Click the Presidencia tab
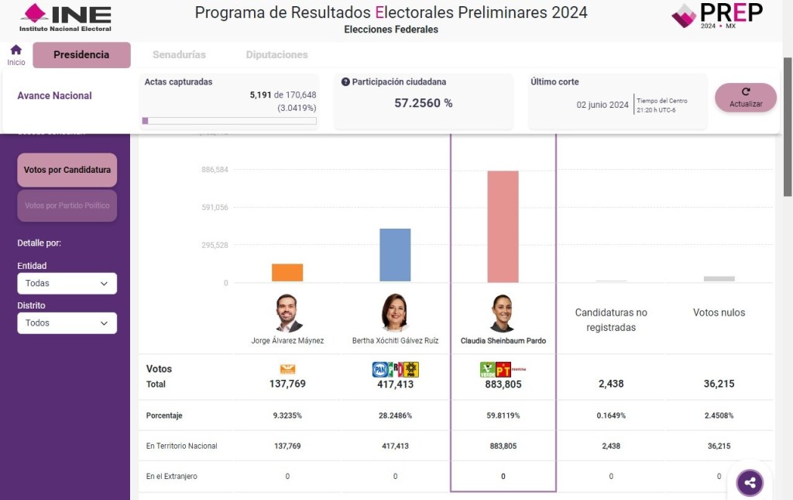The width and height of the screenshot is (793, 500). [81, 55]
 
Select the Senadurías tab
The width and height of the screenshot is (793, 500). [179, 55]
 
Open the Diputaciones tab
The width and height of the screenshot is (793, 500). [276, 55]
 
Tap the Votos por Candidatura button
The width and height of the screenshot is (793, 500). [67, 170]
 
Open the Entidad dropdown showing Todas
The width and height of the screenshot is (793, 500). [67, 284]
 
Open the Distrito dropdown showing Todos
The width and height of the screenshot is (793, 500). [67, 323]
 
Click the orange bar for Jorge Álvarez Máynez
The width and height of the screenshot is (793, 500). [287, 273]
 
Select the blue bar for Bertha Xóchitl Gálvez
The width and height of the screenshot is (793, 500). [395, 255]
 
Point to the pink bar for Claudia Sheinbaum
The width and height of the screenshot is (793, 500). [503, 226]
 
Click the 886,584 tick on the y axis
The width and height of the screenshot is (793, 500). [214, 170]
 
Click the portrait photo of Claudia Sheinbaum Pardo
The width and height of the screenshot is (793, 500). [503, 313]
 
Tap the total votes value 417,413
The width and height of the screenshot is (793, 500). [395, 384]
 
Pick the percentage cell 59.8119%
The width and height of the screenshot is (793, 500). [503, 416]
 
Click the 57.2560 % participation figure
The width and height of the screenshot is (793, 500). [423, 103]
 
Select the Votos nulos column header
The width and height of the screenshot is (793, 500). [719, 312]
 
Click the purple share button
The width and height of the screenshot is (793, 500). [750, 483]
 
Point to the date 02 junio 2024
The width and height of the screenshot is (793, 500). [602, 105]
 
